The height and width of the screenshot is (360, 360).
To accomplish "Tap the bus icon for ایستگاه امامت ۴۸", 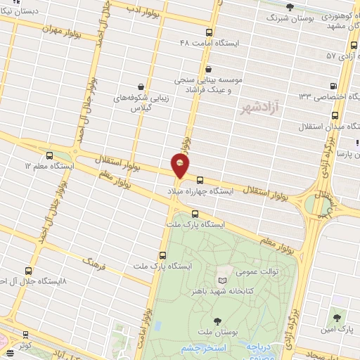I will point(209,32).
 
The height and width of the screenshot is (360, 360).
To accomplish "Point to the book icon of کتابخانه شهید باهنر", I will point(223,280).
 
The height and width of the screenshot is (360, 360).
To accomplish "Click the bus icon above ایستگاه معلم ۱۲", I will point(49,155).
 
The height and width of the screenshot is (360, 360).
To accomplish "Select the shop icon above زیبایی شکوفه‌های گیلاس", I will point(141,86).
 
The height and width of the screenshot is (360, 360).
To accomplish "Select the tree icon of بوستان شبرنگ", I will point(290,6).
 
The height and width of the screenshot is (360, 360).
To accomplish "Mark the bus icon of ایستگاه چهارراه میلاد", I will point(200,180).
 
